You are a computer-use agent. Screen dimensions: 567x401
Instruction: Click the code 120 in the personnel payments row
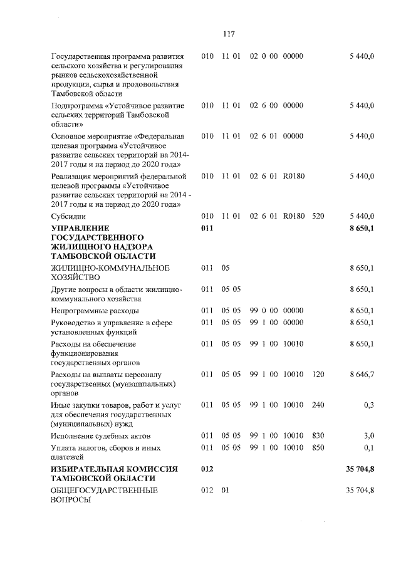(x=318, y=374)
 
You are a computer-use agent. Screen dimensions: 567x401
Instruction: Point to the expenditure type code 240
(x=318, y=405)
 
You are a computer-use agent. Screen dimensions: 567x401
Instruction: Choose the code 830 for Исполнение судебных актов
(x=318, y=435)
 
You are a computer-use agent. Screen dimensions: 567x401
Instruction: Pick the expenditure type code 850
(x=318, y=448)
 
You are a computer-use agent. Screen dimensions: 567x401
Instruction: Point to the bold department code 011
(x=207, y=229)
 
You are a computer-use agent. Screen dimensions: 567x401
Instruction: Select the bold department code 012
(x=207, y=469)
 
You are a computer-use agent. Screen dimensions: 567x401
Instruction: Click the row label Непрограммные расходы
(x=95, y=310)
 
